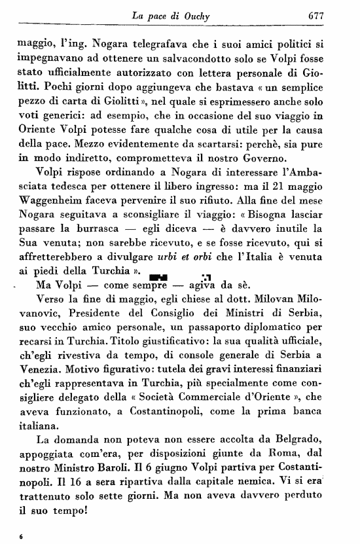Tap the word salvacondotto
tap(183, 61)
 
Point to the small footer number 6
tap(22, 537)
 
